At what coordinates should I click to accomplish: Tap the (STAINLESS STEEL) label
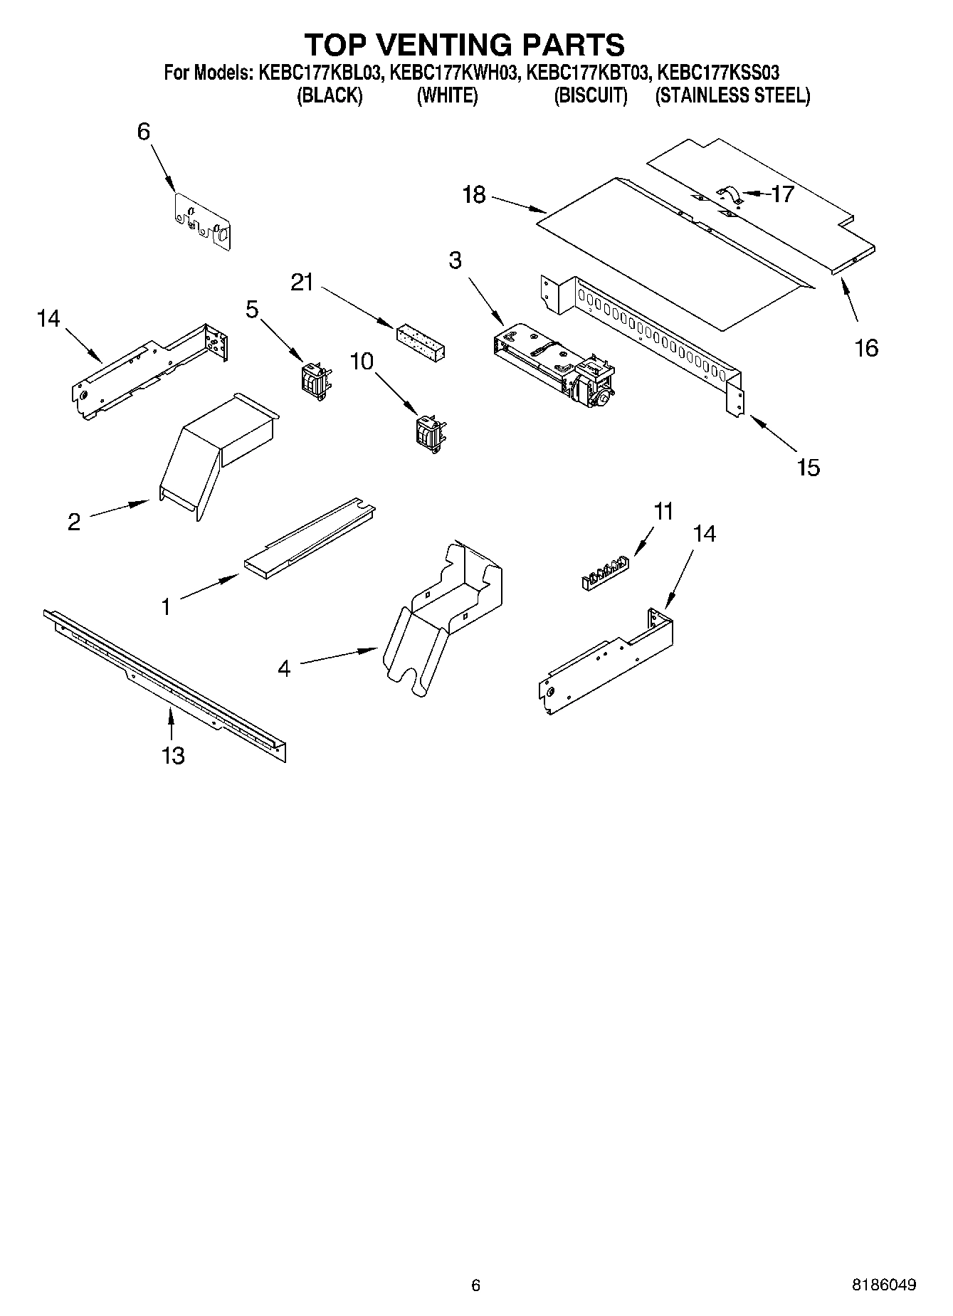pos(732,96)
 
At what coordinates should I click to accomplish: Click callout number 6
pos(144,132)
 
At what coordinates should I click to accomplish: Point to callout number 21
pos(302,283)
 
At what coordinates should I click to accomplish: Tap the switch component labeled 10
pos(430,432)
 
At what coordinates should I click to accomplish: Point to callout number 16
pos(866,348)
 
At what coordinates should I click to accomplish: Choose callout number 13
pos(173,755)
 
